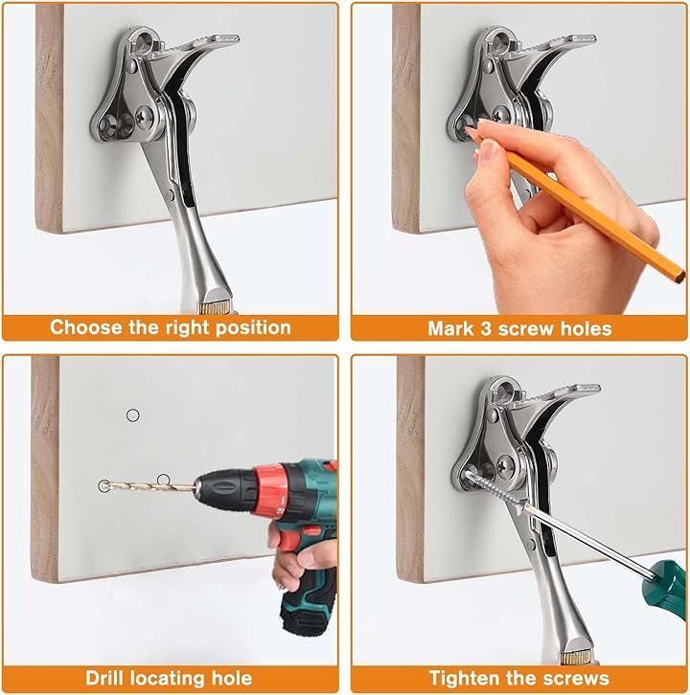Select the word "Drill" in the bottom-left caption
(x=103, y=678)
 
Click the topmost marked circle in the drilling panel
(x=132, y=415)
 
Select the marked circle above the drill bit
(x=163, y=480)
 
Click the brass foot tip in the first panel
(x=216, y=307)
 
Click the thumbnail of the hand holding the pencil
(x=486, y=150)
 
